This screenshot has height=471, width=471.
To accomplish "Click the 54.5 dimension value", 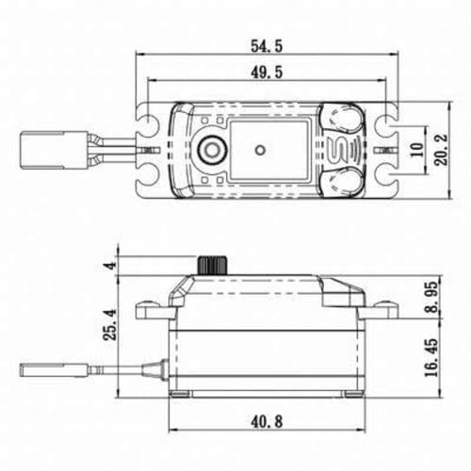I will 268,44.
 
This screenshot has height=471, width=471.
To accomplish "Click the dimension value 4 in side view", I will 112,266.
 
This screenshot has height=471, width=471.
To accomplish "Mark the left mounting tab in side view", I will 151,308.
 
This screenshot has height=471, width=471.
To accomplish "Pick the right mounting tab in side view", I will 382,308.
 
